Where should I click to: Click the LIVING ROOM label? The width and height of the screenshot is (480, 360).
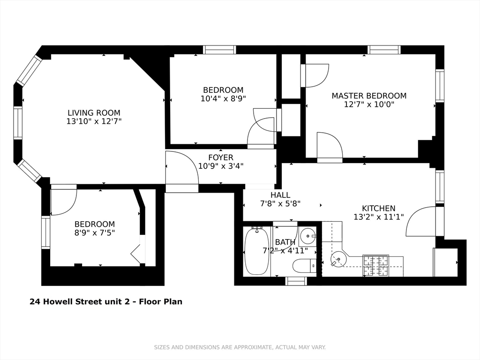[94, 112]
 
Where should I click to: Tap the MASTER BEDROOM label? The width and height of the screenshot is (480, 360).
[369, 96]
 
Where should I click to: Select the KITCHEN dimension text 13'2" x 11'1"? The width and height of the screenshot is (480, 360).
[379, 217]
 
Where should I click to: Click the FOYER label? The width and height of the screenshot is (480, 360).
[221, 157]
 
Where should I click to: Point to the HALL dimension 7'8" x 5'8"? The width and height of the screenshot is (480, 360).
[280, 203]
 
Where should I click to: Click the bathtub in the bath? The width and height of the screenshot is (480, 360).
[256, 251]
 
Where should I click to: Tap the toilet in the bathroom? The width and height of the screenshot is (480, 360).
[305, 266]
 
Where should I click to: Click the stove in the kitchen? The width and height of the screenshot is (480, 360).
[375, 265]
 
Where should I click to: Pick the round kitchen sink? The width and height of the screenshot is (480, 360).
[338, 260]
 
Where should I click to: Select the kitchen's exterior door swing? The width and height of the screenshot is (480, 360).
[421, 222]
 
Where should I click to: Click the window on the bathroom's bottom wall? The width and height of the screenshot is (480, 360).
[296, 281]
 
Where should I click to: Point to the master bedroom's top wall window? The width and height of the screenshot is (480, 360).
[384, 50]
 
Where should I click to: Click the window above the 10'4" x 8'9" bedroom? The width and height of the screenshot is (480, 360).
[219, 50]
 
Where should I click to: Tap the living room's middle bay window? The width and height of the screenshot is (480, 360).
[18, 123]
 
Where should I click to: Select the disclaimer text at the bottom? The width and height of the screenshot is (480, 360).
[240, 347]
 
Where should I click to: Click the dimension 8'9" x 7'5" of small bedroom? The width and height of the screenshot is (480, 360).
[95, 232]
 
